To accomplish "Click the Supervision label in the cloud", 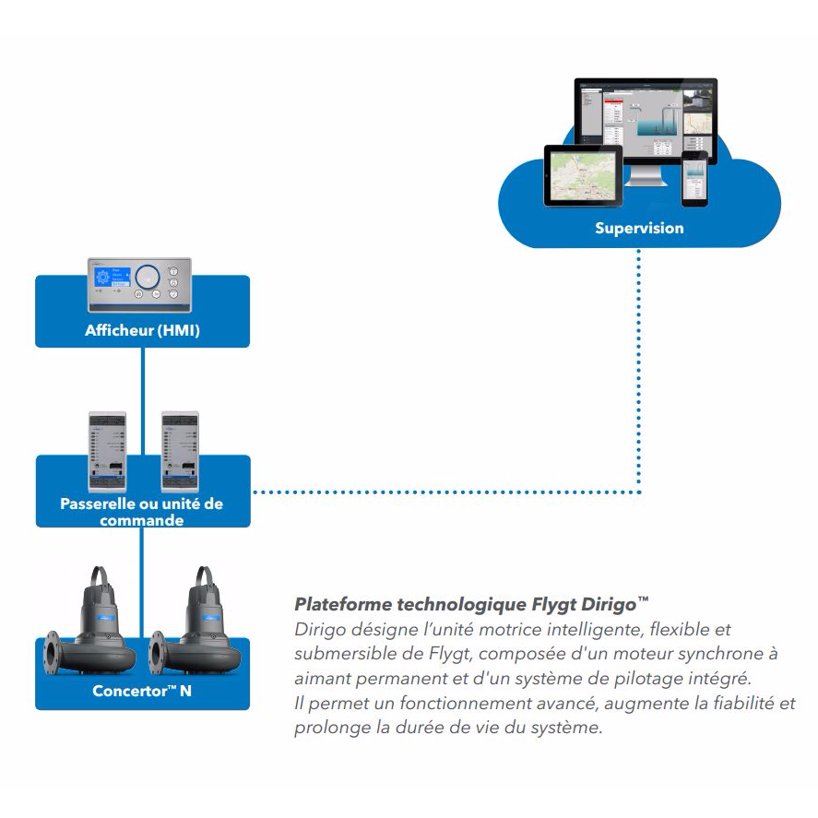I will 639,227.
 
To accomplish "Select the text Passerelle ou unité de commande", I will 142,512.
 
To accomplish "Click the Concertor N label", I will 142,690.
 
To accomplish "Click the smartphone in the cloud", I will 694,179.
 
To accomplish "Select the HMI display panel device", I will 139,280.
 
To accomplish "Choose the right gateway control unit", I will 180,450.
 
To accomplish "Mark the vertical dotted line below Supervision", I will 639,369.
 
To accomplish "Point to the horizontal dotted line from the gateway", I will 443,492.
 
